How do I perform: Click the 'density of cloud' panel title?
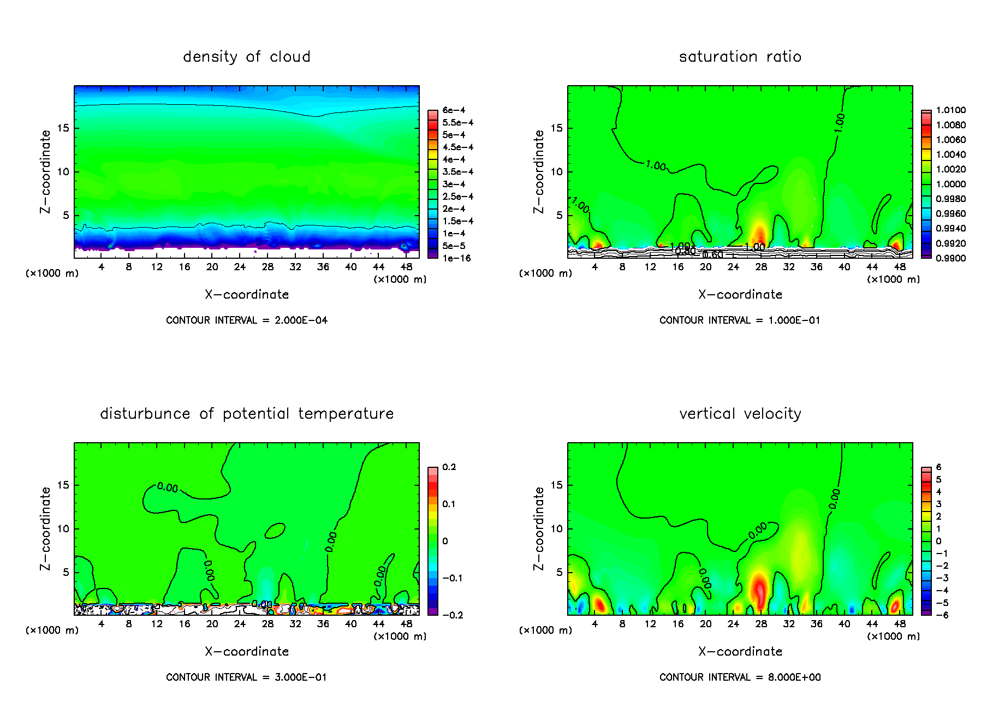[247, 57]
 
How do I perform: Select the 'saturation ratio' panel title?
[740, 57]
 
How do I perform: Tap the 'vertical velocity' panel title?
[740, 414]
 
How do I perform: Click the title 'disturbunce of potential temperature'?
[247, 414]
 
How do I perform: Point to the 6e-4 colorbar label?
[454, 110]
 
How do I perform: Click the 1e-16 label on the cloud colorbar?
[456, 258]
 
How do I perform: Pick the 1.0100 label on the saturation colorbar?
[950, 110]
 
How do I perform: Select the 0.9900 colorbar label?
[950, 258]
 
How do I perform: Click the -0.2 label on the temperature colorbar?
[452, 615]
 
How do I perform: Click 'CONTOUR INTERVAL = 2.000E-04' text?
[247, 320]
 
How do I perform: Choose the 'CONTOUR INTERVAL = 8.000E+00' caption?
[740, 677]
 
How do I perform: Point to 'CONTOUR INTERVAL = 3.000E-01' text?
[247, 677]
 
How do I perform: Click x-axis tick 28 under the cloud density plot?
[267, 267]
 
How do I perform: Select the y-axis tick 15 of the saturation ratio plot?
[556, 128]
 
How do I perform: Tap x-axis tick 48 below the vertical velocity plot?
[900, 624]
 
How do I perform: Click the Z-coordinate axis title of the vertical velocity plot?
[539, 528]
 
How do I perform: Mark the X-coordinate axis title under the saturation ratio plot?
[740, 295]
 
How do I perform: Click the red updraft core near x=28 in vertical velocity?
[759, 590]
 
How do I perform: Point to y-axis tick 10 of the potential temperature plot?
[63, 529]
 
